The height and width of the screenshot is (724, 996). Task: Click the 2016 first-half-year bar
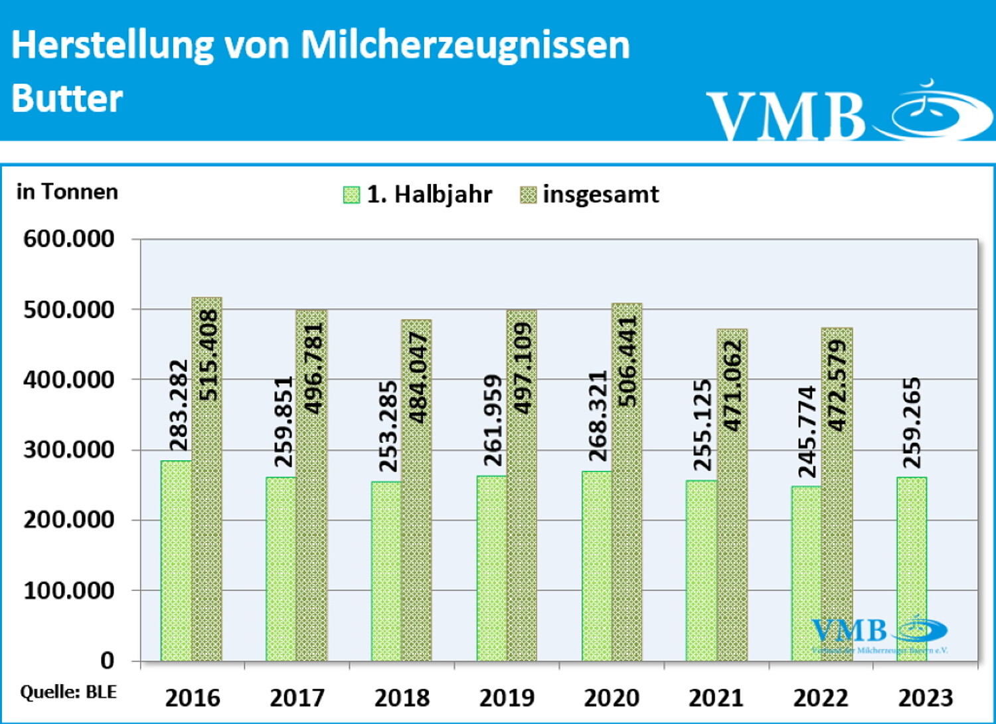click(x=176, y=561)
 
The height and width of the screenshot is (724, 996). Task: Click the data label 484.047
click(x=418, y=377)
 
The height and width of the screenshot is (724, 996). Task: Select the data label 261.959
click(x=493, y=420)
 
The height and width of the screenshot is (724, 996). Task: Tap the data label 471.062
click(x=732, y=385)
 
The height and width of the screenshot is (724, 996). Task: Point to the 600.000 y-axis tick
click(x=69, y=238)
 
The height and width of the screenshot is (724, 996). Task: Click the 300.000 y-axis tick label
click(x=69, y=450)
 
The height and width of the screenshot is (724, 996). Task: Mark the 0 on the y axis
click(x=107, y=660)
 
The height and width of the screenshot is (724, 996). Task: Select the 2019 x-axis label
click(x=507, y=697)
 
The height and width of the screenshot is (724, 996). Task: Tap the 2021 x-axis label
click(x=716, y=697)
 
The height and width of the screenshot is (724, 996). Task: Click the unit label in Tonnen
click(x=67, y=192)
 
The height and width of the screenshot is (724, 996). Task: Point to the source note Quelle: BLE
click(x=68, y=692)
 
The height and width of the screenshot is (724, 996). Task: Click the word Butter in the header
click(x=67, y=98)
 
